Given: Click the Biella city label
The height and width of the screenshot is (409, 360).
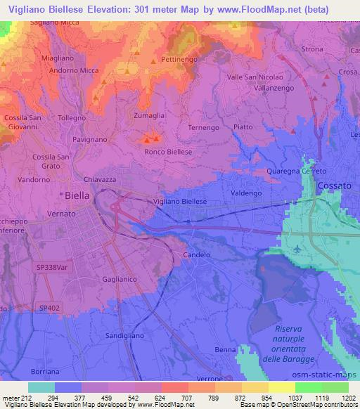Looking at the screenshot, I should tap(75, 196).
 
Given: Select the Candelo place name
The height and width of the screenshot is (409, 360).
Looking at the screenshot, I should tap(196, 254).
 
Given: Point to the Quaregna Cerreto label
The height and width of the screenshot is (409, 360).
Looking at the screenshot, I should tap(297, 171).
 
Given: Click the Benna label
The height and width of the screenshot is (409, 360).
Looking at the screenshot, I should tap(226, 349).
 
